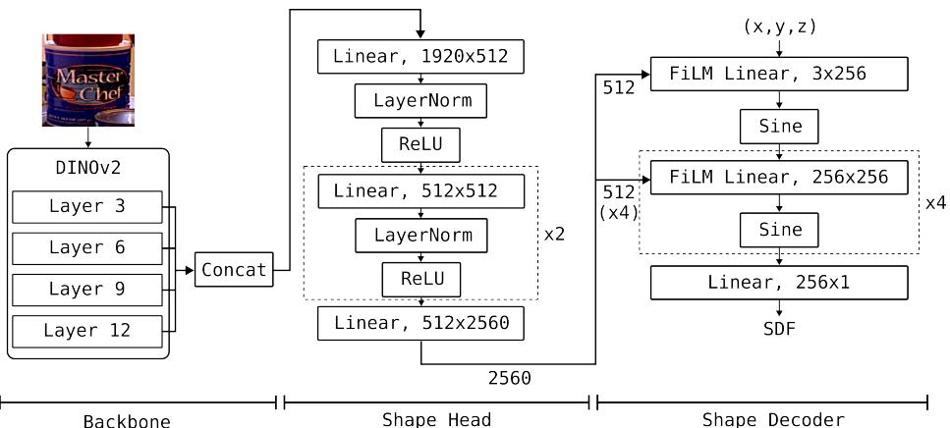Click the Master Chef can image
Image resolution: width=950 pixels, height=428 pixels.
pyautogui.click(x=87, y=80)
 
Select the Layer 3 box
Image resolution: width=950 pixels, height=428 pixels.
pyautogui.click(x=87, y=207)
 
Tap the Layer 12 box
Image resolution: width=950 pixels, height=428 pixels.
pyautogui.click(x=87, y=331)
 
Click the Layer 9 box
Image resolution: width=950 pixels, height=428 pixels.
pyautogui.click(x=87, y=290)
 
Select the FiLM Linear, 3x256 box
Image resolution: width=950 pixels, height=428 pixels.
pyautogui.click(x=780, y=73)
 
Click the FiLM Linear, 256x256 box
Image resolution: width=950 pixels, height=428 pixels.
pyautogui.click(x=780, y=178)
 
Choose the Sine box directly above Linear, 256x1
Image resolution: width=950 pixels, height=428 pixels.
pyautogui.click(x=780, y=231)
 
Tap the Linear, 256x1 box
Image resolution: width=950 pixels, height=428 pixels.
pyautogui.click(x=780, y=283)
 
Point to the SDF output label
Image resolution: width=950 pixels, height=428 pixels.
pyautogui.click(x=780, y=329)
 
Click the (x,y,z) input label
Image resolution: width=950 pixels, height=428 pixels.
pyautogui.click(x=780, y=27)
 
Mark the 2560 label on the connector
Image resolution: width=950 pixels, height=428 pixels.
pyautogui.click(x=510, y=376)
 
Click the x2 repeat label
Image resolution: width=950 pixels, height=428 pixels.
pyautogui.click(x=555, y=236)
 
